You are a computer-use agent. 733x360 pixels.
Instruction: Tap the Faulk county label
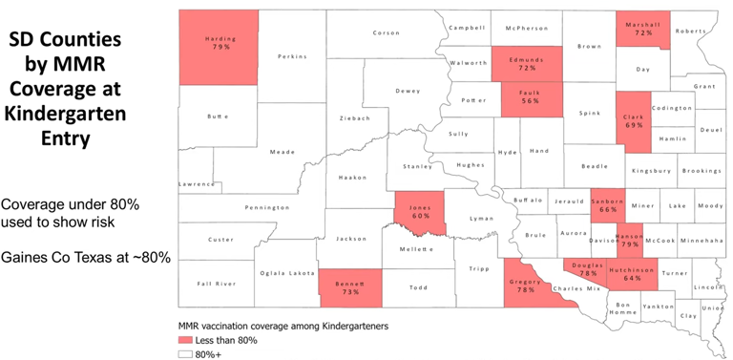point(531,93)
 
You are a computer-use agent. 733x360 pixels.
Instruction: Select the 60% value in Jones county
point(420,216)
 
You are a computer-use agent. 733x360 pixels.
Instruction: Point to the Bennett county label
point(350,283)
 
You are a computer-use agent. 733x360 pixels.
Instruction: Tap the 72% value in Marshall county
point(643,32)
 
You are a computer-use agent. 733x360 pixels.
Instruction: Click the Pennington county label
point(266,207)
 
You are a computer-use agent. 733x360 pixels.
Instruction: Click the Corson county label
point(386,32)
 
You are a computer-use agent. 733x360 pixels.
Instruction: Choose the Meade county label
point(255,151)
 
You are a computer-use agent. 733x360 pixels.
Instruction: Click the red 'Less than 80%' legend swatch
point(185,339)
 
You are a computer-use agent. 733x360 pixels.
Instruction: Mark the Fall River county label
point(217,284)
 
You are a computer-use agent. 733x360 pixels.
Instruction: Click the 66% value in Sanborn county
point(607,210)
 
